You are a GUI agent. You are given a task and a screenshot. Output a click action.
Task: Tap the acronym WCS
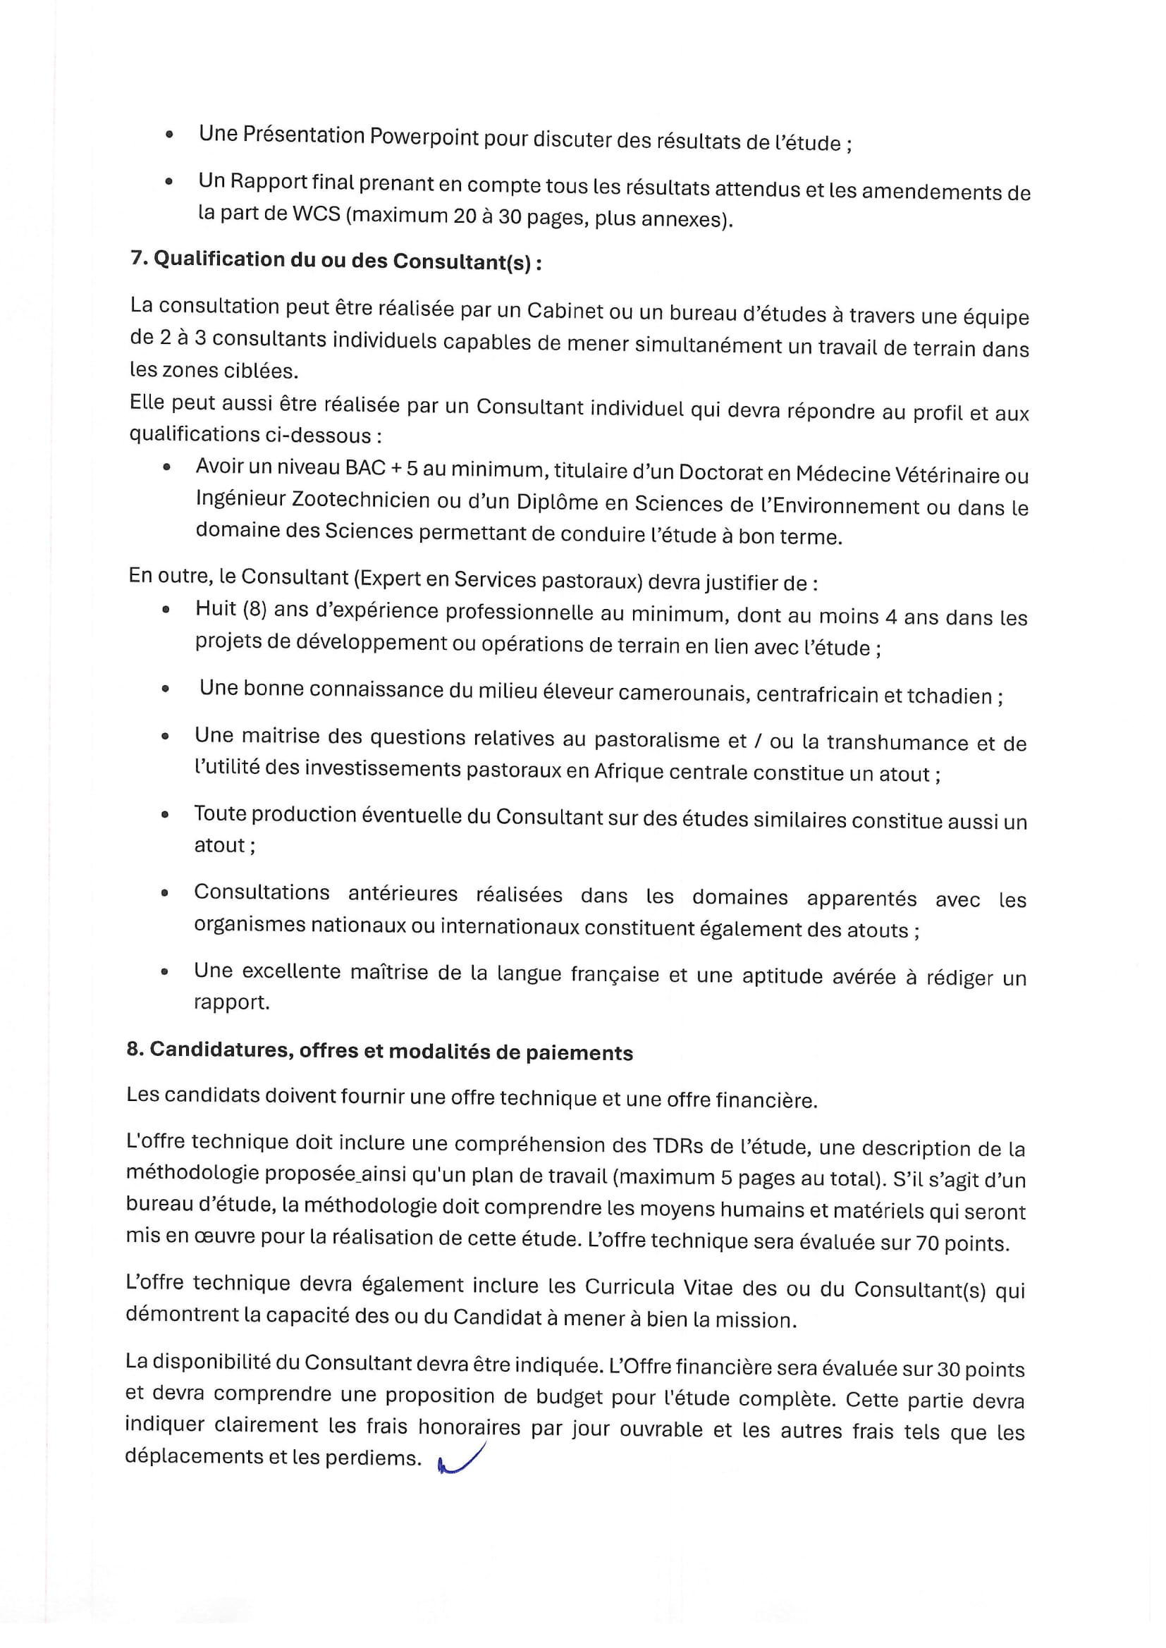316,214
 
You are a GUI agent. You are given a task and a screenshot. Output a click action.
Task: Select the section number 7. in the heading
140,258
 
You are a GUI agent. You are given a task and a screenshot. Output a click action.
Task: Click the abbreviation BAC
364,468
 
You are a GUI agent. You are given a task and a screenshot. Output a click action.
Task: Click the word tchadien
949,696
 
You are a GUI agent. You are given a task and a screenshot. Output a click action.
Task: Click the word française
615,974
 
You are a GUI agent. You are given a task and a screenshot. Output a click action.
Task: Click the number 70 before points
927,1243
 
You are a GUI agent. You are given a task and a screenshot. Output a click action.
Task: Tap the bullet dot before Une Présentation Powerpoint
169,134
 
